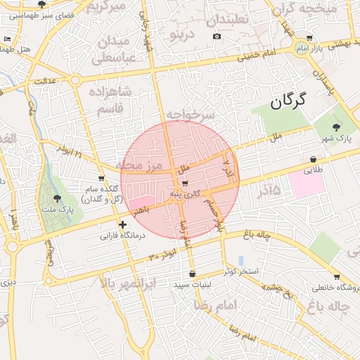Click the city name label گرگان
288,101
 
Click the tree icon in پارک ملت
57,199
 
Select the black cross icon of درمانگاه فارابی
123,225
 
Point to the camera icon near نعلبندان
217,37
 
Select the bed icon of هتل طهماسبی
7,39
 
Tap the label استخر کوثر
242,271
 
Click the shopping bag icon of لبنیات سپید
192,274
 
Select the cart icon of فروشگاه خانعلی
337,277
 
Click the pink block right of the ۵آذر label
304,184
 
